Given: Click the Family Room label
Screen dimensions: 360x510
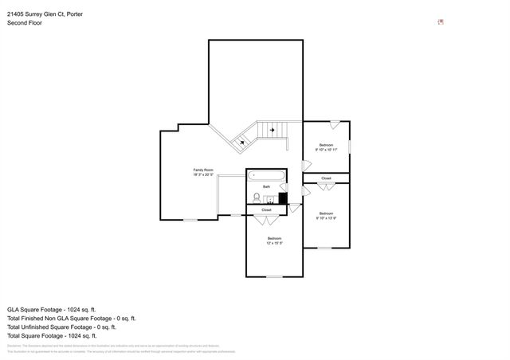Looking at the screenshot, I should point(203,172).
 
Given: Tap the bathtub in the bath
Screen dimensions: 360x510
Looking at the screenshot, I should point(265,176).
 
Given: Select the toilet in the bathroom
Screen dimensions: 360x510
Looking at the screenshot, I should point(257,197).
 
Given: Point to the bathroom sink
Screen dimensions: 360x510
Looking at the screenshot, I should point(270,199).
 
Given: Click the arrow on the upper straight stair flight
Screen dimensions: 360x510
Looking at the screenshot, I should point(273,129).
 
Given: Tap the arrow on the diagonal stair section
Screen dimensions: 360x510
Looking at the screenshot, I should point(243,142).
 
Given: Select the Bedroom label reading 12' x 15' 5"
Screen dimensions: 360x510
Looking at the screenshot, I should point(274,241).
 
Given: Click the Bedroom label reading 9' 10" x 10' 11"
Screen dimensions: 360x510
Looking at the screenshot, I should point(326,147).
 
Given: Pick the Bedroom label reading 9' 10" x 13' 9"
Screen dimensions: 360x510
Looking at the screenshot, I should point(326,214).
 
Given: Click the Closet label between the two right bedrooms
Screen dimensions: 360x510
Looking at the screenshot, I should point(326,178).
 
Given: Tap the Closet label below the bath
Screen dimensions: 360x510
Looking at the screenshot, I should point(266,210).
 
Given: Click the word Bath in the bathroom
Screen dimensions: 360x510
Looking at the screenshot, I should point(267,186).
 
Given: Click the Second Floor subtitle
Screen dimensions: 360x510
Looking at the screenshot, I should point(25,23).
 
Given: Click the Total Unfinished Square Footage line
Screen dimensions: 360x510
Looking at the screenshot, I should point(62,327).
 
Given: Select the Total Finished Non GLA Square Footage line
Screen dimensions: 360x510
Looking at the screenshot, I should point(68,317).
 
